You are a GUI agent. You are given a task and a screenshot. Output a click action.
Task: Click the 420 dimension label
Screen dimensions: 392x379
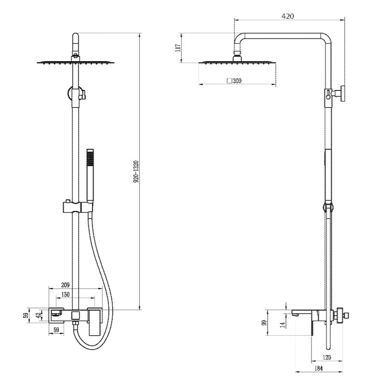[x=288, y=16]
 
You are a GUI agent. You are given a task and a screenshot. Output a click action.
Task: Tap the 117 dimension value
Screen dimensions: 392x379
[x=178, y=48]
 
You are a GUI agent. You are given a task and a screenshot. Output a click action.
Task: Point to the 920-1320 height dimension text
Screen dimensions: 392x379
[x=136, y=171]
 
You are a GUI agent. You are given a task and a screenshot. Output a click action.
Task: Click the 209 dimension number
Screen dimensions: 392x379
[x=65, y=285]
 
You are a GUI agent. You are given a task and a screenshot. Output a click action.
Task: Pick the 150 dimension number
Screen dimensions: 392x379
[x=65, y=295]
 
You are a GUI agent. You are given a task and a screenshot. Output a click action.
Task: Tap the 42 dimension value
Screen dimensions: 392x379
[x=39, y=315]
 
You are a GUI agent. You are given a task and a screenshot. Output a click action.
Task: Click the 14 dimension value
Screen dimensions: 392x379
[x=283, y=325]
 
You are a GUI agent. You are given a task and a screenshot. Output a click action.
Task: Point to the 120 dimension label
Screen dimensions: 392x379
[x=326, y=357]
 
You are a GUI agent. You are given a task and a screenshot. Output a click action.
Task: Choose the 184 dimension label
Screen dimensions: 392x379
[x=319, y=368]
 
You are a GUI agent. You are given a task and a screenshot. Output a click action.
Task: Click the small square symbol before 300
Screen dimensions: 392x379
[x=229, y=80]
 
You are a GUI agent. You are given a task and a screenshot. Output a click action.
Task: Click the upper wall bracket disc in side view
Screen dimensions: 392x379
[x=342, y=93]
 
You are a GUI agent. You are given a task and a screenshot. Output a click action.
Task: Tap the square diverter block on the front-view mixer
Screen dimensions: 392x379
[x=75, y=315]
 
